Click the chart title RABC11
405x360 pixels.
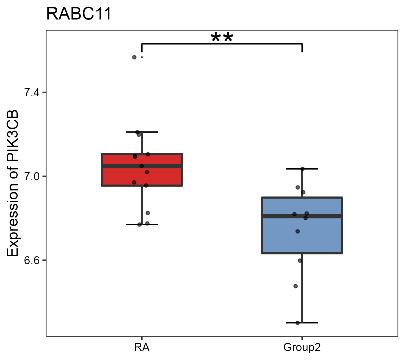click(79, 14)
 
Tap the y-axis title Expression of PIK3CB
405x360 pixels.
click(13, 183)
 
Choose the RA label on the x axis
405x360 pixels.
click(142, 348)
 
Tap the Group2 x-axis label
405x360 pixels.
click(302, 348)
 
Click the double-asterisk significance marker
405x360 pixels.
click(222, 38)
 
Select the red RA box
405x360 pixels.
click(162, 177)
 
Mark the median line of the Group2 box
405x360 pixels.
click(324, 216)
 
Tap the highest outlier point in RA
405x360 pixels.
click(134, 57)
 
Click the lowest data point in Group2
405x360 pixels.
click(298, 323)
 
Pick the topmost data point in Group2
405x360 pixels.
click(302, 169)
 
